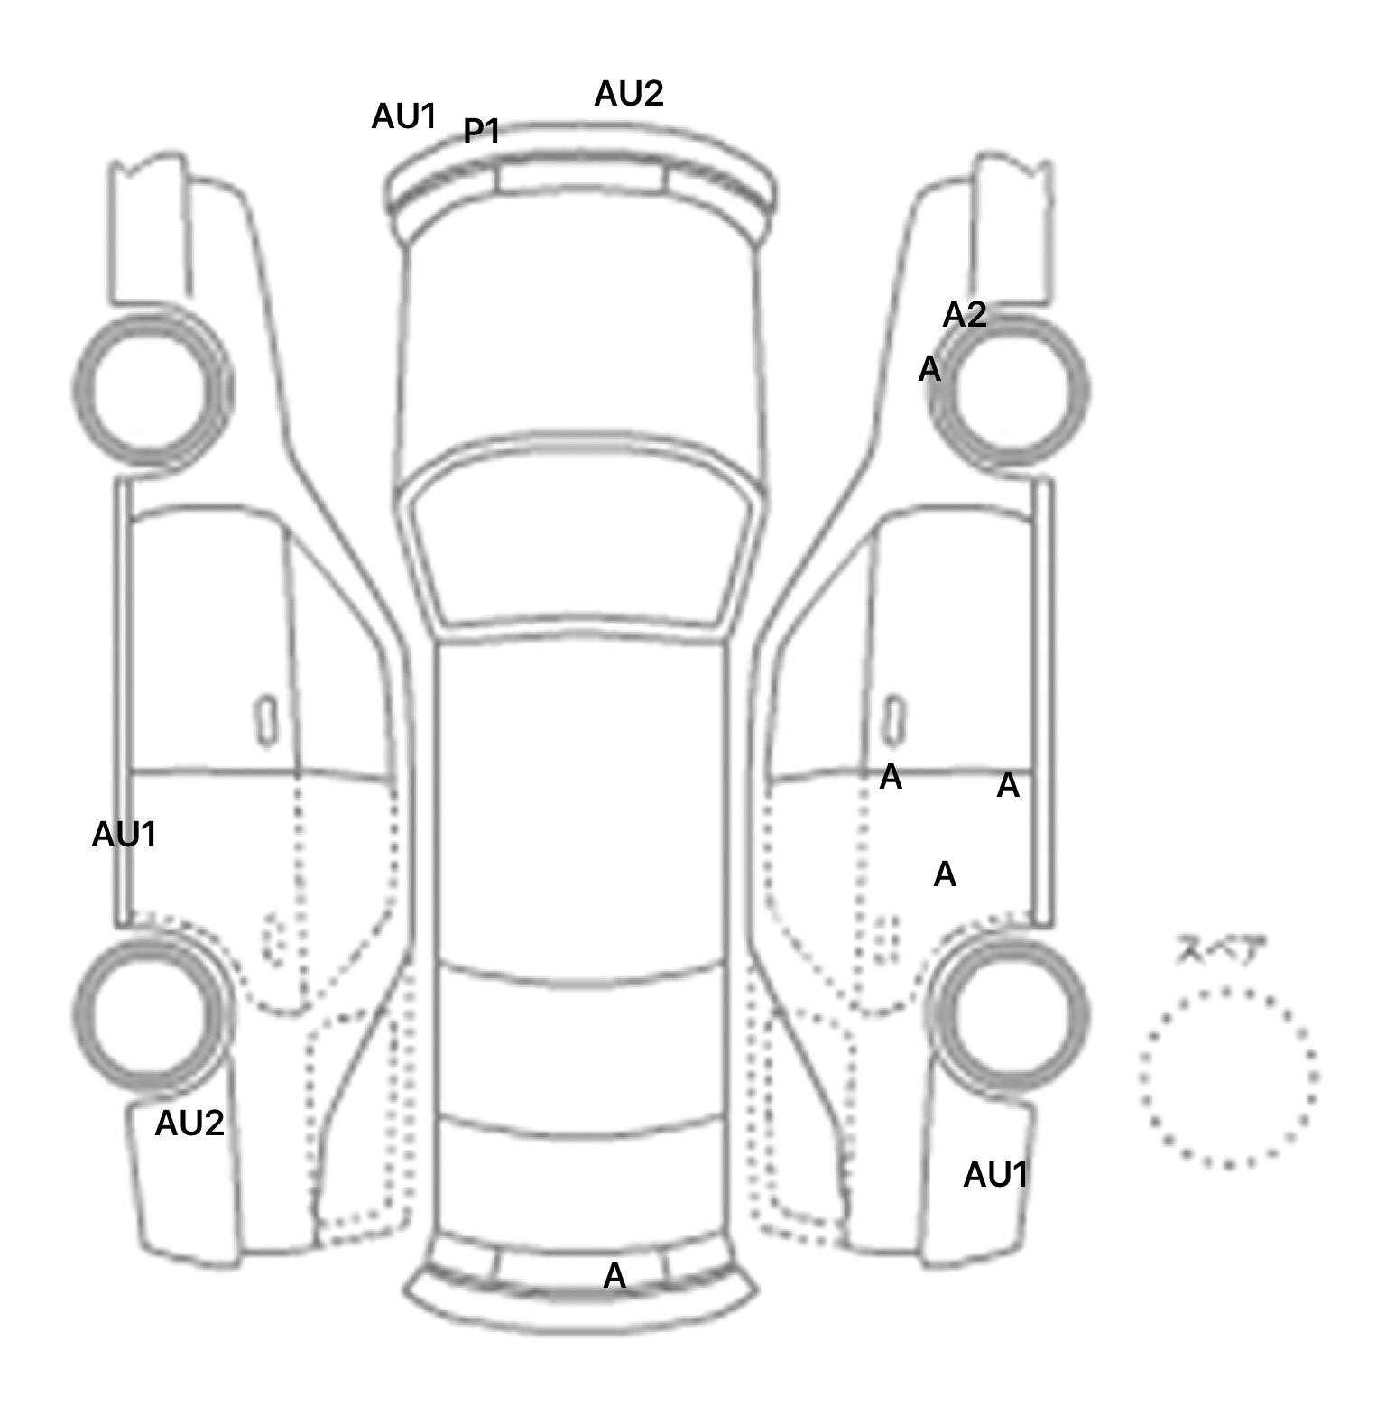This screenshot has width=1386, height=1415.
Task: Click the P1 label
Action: coord(481,132)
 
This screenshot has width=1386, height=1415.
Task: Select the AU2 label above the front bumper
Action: coord(628,94)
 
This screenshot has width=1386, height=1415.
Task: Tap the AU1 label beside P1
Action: coord(403,116)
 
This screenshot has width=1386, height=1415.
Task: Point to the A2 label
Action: coord(964,315)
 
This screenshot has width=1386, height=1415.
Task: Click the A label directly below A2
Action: coord(929,369)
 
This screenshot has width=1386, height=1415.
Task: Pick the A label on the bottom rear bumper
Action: coord(614,1276)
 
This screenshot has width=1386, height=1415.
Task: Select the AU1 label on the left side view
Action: coord(125,836)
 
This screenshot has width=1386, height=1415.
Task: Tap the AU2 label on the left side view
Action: coord(189,1124)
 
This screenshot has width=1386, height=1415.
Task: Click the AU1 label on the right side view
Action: coord(995,1175)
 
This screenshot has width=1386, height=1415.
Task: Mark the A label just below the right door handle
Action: coord(891,777)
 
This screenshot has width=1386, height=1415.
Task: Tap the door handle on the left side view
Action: coord(266,720)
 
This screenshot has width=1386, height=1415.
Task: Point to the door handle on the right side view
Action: coord(893,720)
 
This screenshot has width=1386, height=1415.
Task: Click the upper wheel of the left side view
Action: coord(152,389)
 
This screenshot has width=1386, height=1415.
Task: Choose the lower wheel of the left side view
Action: coord(152,1012)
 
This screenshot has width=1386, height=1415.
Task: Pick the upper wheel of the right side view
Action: coord(1009,391)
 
